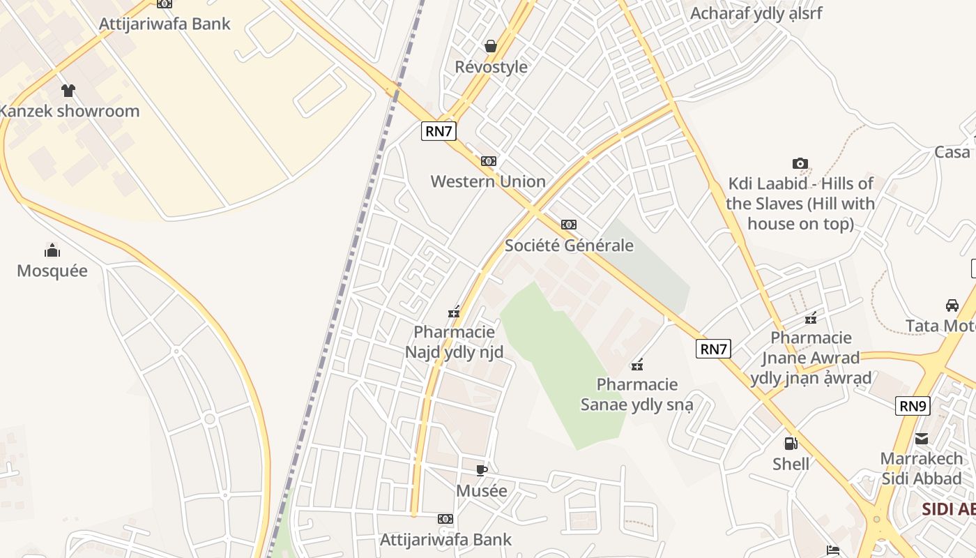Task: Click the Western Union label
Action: (x=488, y=181)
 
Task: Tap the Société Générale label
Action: (x=569, y=246)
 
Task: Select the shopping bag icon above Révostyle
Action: (x=491, y=46)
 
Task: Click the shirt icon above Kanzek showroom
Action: (x=68, y=90)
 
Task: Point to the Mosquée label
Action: (x=52, y=271)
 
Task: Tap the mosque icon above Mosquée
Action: (x=52, y=250)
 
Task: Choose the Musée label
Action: (x=482, y=491)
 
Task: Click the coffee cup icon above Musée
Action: (x=481, y=470)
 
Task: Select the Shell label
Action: (x=791, y=464)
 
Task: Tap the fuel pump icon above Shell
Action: (x=791, y=443)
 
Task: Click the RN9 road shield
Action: (x=913, y=405)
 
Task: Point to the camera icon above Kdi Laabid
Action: (x=800, y=164)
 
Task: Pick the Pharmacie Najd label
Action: (x=455, y=342)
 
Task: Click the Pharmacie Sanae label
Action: (x=637, y=394)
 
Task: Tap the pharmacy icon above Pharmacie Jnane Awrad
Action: (x=811, y=318)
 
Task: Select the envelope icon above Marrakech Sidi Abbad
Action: (x=922, y=439)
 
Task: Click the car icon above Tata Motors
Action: (x=952, y=305)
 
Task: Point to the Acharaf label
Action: (x=756, y=13)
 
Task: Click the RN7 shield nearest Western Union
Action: (x=439, y=131)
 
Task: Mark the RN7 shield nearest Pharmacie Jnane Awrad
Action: (x=713, y=349)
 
